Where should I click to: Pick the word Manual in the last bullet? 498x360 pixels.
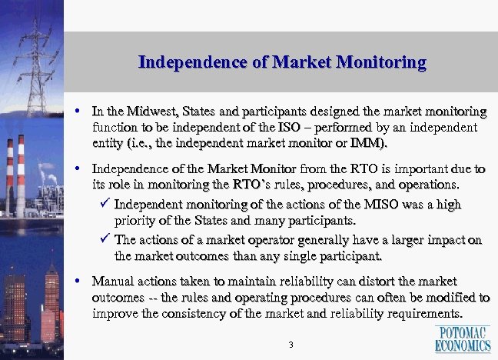pos(112,281)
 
